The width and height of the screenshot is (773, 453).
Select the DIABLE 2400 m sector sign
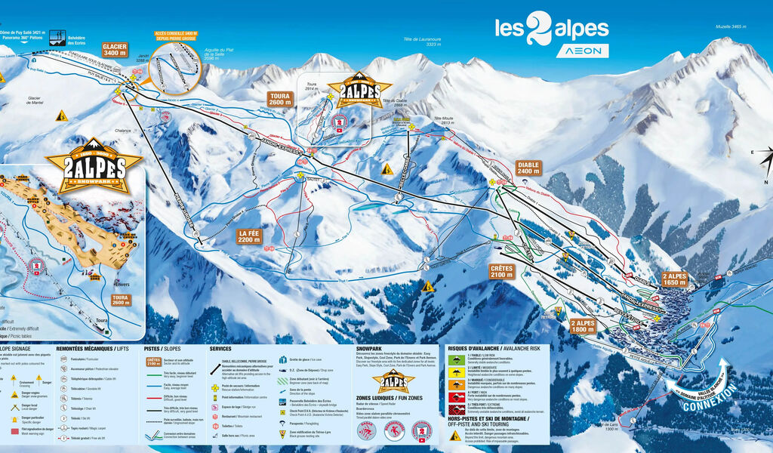pyautogui.click(x=528, y=168)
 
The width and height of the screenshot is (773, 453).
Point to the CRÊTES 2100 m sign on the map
pyautogui.click(x=501, y=272)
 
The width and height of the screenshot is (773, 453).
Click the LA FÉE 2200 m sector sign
pyautogui.click(x=248, y=236)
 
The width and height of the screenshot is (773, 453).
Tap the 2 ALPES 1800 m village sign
pyautogui.click(x=583, y=326)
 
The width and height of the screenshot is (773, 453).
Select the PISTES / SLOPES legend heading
pyautogui.click(x=162, y=348)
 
